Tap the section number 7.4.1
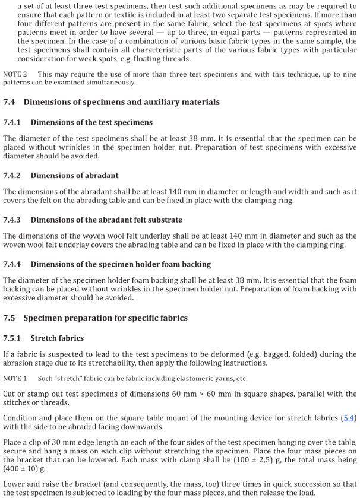[x=12, y=122]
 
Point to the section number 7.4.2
[x=12, y=176]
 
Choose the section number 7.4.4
[x=12, y=264]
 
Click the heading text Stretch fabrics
[x=57, y=338]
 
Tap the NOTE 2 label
[x=15, y=74]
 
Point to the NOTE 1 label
[x=15, y=379]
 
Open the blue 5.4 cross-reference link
[x=349, y=418]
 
